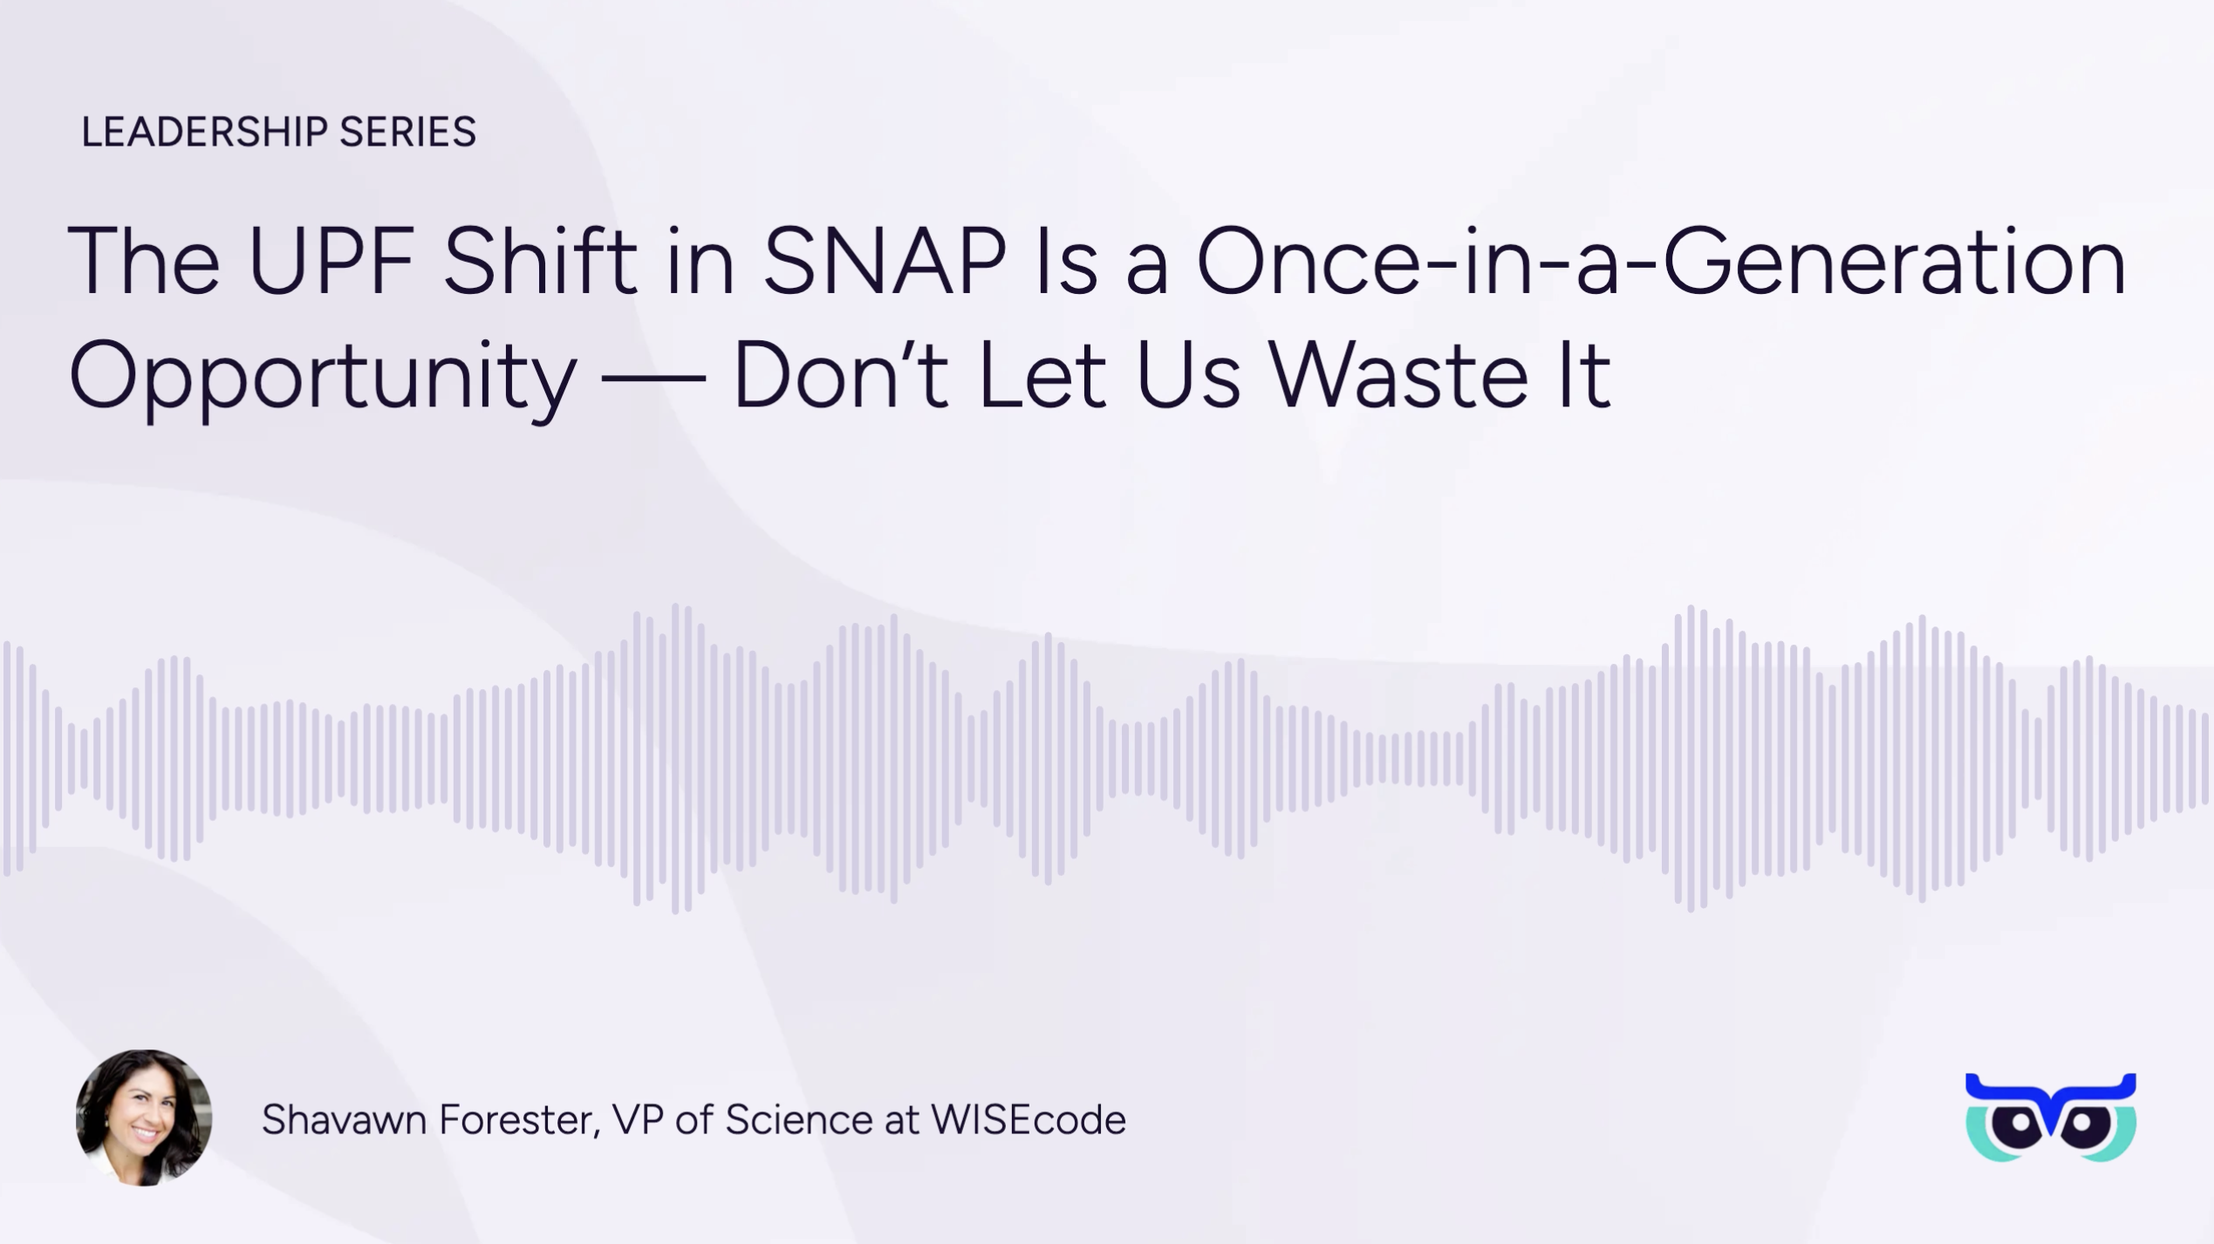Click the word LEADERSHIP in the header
point(205,133)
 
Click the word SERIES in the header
point(407,133)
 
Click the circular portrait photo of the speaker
point(144,1118)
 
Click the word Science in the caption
point(798,1119)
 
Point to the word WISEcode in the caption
point(1028,1119)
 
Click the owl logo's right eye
point(2082,1123)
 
